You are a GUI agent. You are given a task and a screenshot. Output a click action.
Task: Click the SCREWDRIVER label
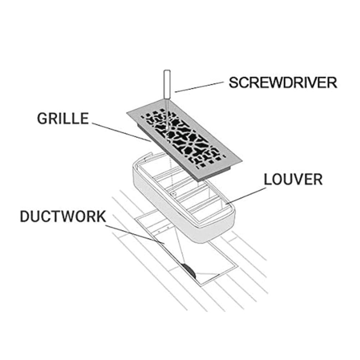(x=283, y=83)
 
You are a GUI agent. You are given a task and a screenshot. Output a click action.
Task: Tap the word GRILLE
(x=63, y=118)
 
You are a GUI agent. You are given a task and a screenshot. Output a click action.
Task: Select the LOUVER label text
(x=293, y=180)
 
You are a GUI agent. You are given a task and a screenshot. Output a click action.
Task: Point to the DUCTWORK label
(x=63, y=216)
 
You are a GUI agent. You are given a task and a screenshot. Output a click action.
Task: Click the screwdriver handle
(x=167, y=84)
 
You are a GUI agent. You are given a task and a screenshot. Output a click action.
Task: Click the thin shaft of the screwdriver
(x=167, y=115)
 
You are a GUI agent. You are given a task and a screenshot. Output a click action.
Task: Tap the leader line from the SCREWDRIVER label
(x=199, y=87)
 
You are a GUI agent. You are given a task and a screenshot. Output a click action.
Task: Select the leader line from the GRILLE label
(x=122, y=132)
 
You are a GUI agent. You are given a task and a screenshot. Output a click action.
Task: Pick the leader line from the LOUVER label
(x=246, y=195)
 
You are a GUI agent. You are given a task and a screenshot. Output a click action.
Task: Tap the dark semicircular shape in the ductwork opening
(x=189, y=270)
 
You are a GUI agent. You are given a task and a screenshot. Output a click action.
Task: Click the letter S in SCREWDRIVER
(x=233, y=83)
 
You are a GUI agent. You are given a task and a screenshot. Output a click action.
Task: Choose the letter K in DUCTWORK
(x=101, y=216)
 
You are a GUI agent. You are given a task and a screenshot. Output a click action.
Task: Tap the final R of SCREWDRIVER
(x=333, y=83)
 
